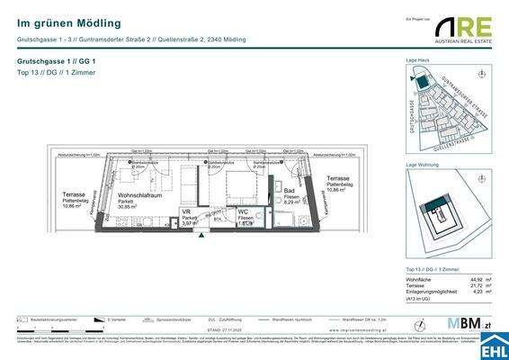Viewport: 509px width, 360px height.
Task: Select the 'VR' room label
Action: coord(186,211)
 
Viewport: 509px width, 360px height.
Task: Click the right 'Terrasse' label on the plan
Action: coord(339,179)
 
